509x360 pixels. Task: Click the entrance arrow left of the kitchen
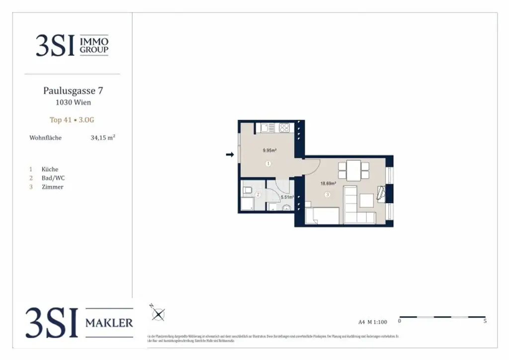(x=230, y=155)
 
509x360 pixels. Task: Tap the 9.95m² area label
(x=269, y=150)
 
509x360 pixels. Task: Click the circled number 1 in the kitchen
(x=268, y=164)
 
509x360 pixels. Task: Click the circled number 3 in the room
(x=327, y=195)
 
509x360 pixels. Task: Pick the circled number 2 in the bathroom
(x=257, y=195)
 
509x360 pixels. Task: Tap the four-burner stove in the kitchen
(x=284, y=127)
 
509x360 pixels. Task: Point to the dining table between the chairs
(x=354, y=171)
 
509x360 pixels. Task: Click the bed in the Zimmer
(x=322, y=216)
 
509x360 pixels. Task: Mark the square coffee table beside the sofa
(x=367, y=200)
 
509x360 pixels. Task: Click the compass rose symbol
(x=158, y=314)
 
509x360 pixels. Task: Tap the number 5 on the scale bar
(x=485, y=322)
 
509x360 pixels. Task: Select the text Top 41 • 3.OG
(x=72, y=120)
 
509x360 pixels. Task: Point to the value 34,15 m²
(x=103, y=138)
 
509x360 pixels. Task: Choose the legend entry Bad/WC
(x=53, y=178)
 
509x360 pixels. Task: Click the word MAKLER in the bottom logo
(x=109, y=323)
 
